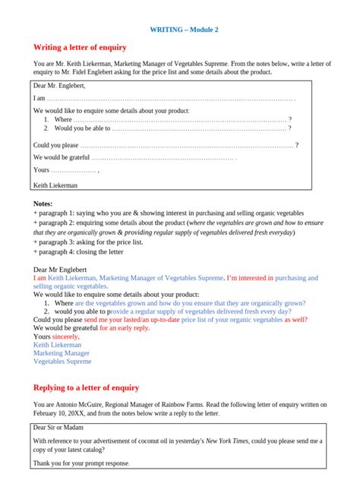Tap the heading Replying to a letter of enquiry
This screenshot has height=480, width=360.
click(x=87, y=387)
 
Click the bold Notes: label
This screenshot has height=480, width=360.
click(x=43, y=204)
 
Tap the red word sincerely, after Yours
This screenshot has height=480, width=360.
click(x=65, y=336)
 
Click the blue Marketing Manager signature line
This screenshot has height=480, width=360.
click(x=62, y=353)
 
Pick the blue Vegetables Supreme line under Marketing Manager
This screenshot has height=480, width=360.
click(x=62, y=362)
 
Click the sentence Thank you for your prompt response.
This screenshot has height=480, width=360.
click(x=81, y=463)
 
